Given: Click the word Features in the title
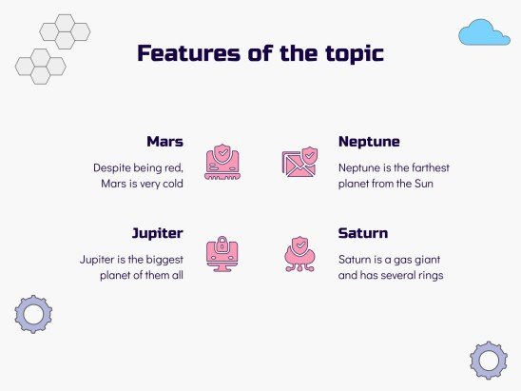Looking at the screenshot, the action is pyautogui.click(x=188, y=53).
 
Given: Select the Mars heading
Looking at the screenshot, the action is pyautogui.click(x=164, y=142).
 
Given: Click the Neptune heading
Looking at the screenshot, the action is pyautogui.click(x=369, y=143).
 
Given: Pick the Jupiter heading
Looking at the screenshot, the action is pyautogui.click(x=158, y=234).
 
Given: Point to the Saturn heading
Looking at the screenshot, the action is pyautogui.click(x=363, y=233).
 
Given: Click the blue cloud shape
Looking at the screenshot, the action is pyautogui.click(x=484, y=32).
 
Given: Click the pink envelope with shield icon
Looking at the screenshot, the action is pyautogui.click(x=299, y=162).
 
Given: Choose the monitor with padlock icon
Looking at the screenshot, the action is pyautogui.click(x=222, y=254).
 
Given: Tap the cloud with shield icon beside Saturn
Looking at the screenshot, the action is pyautogui.click(x=299, y=254).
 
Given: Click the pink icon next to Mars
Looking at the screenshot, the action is pyautogui.click(x=222, y=162).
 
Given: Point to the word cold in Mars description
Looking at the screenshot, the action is pyautogui.click(x=173, y=184).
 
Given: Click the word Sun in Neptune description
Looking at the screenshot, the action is pyautogui.click(x=424, y=184).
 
